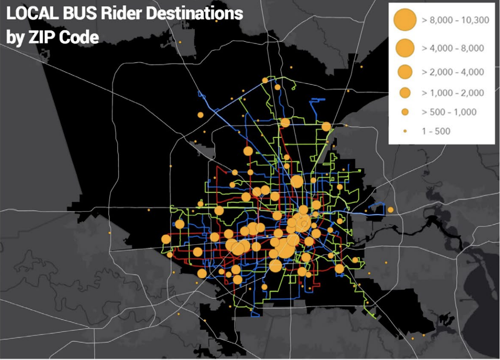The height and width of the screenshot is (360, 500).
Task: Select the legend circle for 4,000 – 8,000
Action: point(405,48)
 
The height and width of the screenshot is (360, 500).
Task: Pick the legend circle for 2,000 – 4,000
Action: point(405,72)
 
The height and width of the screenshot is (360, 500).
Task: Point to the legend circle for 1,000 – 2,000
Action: point(405,92)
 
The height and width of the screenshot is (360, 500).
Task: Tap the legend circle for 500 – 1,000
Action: point(405,112)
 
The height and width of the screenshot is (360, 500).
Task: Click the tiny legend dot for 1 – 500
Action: point(405,131)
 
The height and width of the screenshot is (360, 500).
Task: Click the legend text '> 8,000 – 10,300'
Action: point(455,21)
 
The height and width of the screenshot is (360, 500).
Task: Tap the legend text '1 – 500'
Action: point(436,131)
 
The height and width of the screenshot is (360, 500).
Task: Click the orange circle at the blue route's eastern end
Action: point(390,210)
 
